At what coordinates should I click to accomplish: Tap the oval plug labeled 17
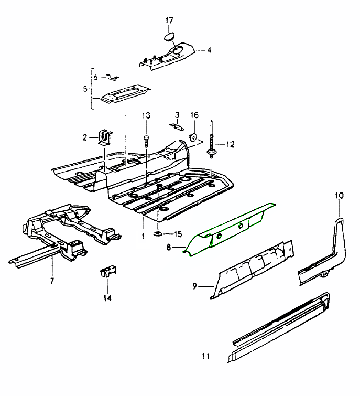click(169, 36)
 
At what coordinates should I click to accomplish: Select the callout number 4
click(209, 50)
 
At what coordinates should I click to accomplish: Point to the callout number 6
click(96, 77)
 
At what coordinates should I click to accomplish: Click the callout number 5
click(85, 89)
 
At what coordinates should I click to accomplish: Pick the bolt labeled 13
click(146, 140)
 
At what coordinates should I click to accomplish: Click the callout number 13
click(146, 115)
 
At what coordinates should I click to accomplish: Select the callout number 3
click(177, 114)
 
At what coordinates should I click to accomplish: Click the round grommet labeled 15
click(158, 232)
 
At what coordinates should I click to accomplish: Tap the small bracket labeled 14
click(107, 272)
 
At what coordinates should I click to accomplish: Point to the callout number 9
click(194, 286)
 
